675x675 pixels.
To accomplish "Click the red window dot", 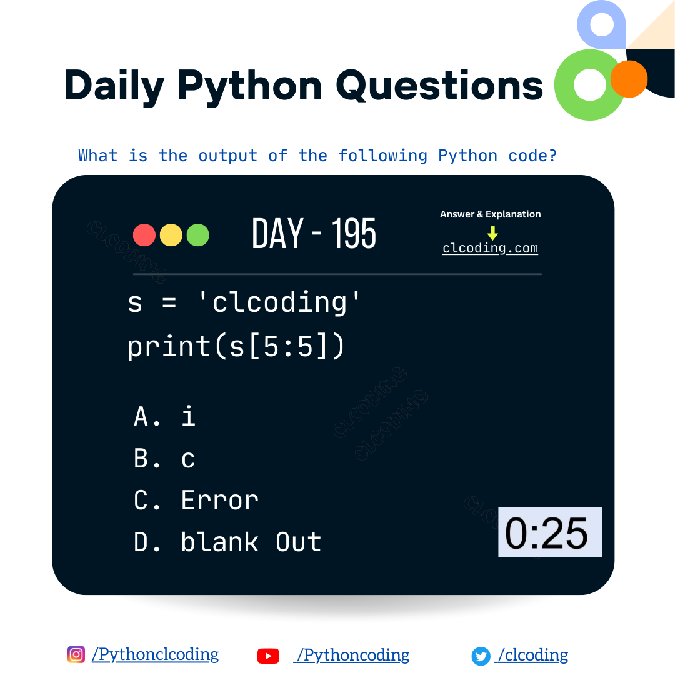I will tap(144, 235).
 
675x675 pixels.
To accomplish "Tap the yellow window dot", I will tap(171, 235).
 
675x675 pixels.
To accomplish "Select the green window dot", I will tap(197, 235).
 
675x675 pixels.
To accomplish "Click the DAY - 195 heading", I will tap(314, 234).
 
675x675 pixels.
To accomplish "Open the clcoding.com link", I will tap(490, 248).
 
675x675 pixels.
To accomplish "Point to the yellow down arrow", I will tap(492, 233).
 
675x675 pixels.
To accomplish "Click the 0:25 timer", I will tap(549, 532).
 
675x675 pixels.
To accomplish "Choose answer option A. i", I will tap(165, 416).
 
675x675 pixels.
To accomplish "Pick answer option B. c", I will tap(165, 459).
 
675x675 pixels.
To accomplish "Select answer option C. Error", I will tap(196, 500).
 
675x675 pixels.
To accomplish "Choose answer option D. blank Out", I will tap(227, 542).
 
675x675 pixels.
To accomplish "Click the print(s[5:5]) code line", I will tap(236, 346).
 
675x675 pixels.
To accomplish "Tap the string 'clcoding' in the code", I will tap(279, 303).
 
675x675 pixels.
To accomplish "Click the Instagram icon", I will tap(76, 654).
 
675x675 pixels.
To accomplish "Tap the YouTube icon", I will tap(268, 656).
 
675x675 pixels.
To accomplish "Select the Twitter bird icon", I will tap(481, 656).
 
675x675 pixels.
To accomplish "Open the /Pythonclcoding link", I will tap(155, 654).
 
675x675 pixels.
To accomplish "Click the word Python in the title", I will tap(249, 86).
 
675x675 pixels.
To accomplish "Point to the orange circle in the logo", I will tap(629, 79).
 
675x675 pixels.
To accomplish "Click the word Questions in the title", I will tap(439, 86).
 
